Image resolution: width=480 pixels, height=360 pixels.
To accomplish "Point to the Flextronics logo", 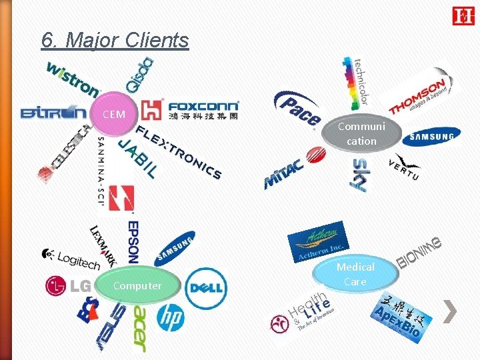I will (x=179, y=152).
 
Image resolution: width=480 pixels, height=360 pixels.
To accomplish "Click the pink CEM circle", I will (x=115, y=114).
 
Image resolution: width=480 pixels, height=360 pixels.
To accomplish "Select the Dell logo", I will (x=206, y=287).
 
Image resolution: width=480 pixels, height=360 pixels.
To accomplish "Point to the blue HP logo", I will (x=171, y=316).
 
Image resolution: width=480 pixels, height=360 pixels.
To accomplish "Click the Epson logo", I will (x=132, y=241).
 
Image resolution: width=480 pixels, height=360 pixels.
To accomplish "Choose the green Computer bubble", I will (x=137, y=286).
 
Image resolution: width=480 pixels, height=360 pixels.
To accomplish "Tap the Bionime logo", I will (x=420, y=253).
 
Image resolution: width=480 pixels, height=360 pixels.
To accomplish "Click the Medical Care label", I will (x=355, y=274).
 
